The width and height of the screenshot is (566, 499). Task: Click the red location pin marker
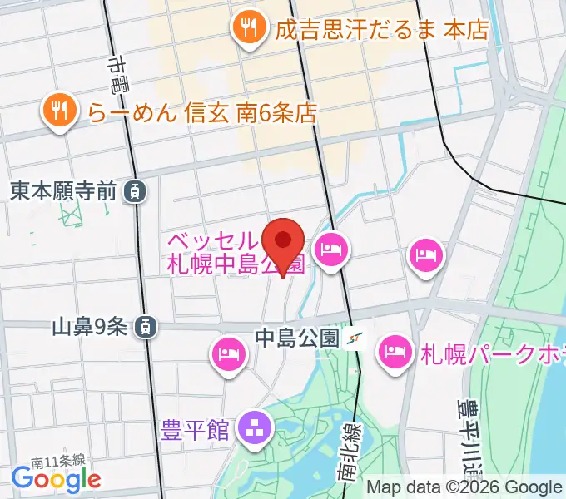coord(283,243)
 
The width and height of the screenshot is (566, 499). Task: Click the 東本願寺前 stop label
coord(62,192)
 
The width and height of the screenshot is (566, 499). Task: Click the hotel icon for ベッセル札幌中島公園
coord(331,249)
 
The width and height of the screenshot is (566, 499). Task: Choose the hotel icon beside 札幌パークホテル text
coord(394,352)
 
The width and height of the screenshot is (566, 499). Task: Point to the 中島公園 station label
coord(296,338)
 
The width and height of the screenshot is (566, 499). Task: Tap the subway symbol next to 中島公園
coord(356,338)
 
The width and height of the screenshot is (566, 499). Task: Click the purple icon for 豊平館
coord(253,429)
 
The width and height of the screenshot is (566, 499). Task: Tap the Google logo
coord(56,479)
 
